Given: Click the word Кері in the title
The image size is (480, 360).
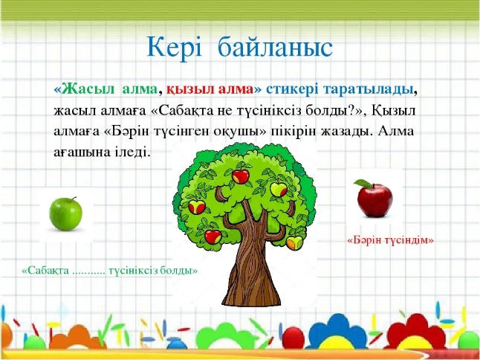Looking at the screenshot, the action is coord(174,48).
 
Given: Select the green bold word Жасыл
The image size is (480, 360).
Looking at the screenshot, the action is coord(88,89).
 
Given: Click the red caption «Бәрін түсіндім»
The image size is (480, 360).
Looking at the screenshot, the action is coord(390,240).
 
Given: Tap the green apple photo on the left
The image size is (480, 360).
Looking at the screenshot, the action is coord(66,213).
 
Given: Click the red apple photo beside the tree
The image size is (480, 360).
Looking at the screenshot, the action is coord(374,199).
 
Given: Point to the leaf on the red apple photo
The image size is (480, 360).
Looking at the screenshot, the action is coord(363,183).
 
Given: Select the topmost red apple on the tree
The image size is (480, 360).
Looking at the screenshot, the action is coord(240,176).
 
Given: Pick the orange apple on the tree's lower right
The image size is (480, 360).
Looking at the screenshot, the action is coord(294,242).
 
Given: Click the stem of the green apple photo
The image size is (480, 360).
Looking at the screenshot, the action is coord(74,199).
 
